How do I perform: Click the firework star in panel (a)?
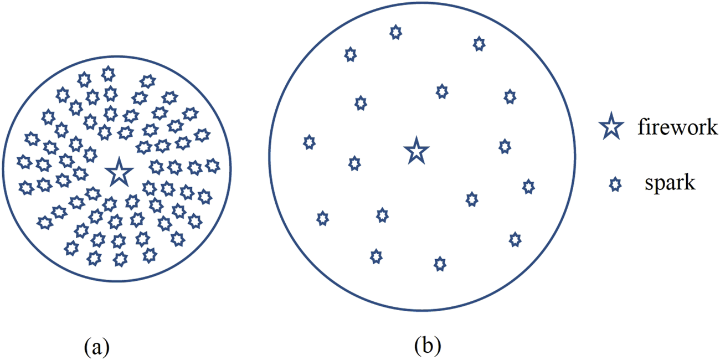[x=118, y=172]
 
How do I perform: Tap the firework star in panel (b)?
[x=416, y=151]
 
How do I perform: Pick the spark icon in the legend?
[x=614, y=185]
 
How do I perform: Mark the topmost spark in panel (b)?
[x=395, y=32]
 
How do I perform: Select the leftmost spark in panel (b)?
[x=309, y=142]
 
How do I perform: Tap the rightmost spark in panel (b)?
[x=528, y=187]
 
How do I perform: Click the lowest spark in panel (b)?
[x=439, y=264]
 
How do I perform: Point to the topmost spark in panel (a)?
[x=109, y=73]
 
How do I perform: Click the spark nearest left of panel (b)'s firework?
[x=354, y=163]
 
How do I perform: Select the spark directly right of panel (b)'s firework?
[x=504, y=146]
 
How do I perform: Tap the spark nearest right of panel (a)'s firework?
[x=157, y=166]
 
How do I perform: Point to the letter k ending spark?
[x=690, y=183]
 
